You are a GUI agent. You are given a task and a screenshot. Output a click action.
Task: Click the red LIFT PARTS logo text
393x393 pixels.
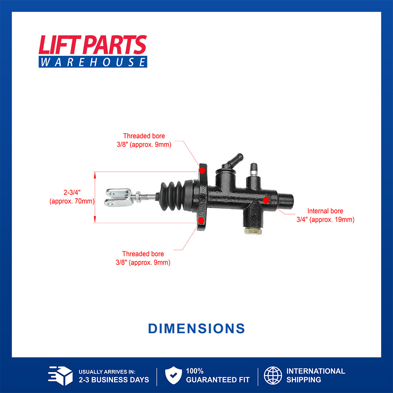pyautogui.click(x=92, y=45)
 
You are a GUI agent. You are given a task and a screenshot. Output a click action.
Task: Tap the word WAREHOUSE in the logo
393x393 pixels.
pyautogui.click(x=93, y=62)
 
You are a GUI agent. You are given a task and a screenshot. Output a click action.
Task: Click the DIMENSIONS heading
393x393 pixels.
pyautogui.click(x=196, y=329)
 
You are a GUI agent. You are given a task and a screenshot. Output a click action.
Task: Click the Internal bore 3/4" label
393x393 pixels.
pyautogui.click(x=325, y=215)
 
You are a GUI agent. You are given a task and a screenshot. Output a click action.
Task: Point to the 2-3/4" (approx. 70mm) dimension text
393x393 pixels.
pyautogui.click(x=72, y=197)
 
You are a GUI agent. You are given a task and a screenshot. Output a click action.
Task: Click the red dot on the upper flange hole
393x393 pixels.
pyautogui.click(x=202, y=171)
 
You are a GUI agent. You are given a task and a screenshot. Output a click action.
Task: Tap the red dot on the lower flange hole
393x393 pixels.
pyautogui.click(x=201, y=220)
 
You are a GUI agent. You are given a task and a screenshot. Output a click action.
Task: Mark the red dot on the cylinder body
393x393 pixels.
pyautogui.click(x=266, y=200)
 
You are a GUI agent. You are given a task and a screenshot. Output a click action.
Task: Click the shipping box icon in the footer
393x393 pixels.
pyautogui.click(x=60, y=375)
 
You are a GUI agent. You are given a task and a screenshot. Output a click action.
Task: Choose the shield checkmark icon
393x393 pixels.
pyautogui.click(x=173, y=375)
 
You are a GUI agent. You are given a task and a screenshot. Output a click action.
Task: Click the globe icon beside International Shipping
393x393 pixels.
pyautogui.click(x=273, y=375)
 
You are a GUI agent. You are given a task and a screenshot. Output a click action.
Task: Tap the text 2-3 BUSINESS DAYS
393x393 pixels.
pyautogui.click(x=114, y=380)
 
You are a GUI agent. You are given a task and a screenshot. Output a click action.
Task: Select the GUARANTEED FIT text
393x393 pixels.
pyautogui.click(x=218, y=380)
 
